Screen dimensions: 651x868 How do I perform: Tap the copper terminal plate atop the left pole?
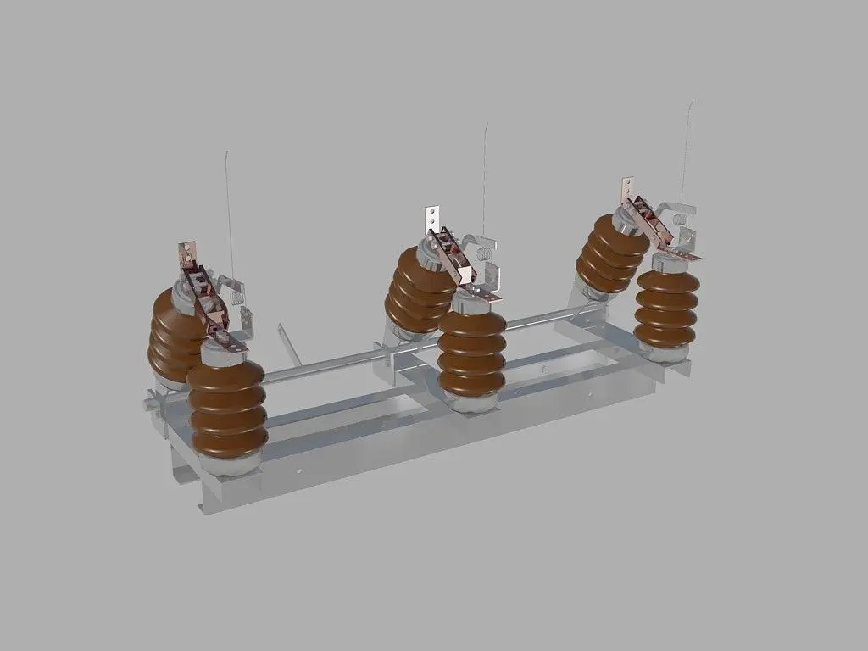pyautogui.click(x=186, y=253)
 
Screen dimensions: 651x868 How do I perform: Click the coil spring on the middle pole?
pyautogui.click(x=484, y=253)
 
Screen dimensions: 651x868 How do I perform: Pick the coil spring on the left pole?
pyautogui.click(x=238, y=297)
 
